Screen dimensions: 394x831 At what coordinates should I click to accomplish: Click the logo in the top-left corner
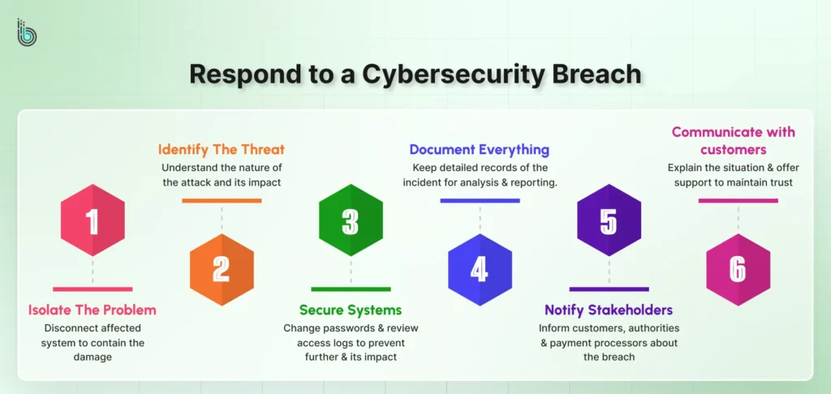(x=27, y=32)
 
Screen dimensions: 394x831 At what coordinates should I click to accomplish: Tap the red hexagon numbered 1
(x=93, y=221)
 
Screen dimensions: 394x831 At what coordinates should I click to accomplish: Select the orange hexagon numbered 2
(x=222, y=269)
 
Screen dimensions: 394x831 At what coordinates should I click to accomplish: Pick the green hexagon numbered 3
(x=351, y=221)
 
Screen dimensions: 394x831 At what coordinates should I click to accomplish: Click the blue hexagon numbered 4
(x=480, y=269)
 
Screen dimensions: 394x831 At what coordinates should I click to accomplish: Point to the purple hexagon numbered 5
(x=609, y=221)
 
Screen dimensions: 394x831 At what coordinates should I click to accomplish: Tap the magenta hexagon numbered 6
(x=738, y=269)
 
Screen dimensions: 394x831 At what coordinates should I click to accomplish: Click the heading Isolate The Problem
(x=93, y=310)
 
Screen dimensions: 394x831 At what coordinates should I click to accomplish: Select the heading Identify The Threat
(x=221, y=150)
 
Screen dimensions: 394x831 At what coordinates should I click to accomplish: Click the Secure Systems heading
(x=351, y=310)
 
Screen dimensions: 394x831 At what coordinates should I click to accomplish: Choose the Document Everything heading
(x=480, y=150)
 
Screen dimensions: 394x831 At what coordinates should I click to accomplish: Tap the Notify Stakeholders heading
(x=609, y=310)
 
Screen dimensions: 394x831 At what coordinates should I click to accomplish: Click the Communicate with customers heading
(x=734, y=140)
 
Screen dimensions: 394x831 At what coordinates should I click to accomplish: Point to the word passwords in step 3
(x=354, y=328)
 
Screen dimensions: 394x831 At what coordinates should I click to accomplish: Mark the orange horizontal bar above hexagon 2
(x=222, y=200)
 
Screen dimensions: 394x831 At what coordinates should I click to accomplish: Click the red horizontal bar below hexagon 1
(x=93, y=289)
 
